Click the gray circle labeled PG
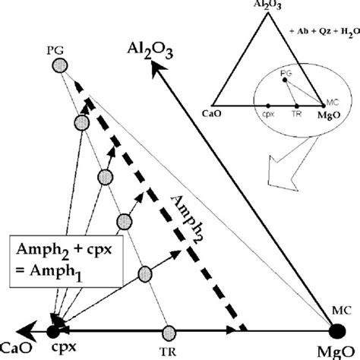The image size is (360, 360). pos(60,65)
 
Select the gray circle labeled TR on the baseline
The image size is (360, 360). pos(169,333)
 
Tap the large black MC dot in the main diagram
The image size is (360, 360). pos(337,331)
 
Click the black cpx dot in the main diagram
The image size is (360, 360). pos(53,331)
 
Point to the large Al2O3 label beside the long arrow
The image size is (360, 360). pos(150,51)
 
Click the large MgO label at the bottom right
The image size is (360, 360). pos(336,352)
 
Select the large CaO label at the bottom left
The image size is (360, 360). pos(16,348)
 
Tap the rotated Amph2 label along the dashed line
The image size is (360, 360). pos(187,219)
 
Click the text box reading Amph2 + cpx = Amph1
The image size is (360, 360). pos(66,261)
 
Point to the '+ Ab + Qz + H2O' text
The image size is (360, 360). pos(325,32)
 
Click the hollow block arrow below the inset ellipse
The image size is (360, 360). pos(291,165)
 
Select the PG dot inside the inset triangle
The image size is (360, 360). pos(285,80)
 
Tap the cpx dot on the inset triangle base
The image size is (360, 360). pos(268,106)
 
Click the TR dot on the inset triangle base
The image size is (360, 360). pos(297,106)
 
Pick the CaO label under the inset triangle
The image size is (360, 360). pos(212,113)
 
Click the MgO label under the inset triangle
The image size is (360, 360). pos(329,115)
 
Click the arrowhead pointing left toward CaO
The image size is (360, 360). pos(27,331)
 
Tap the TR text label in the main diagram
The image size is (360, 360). pos(168,352)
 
